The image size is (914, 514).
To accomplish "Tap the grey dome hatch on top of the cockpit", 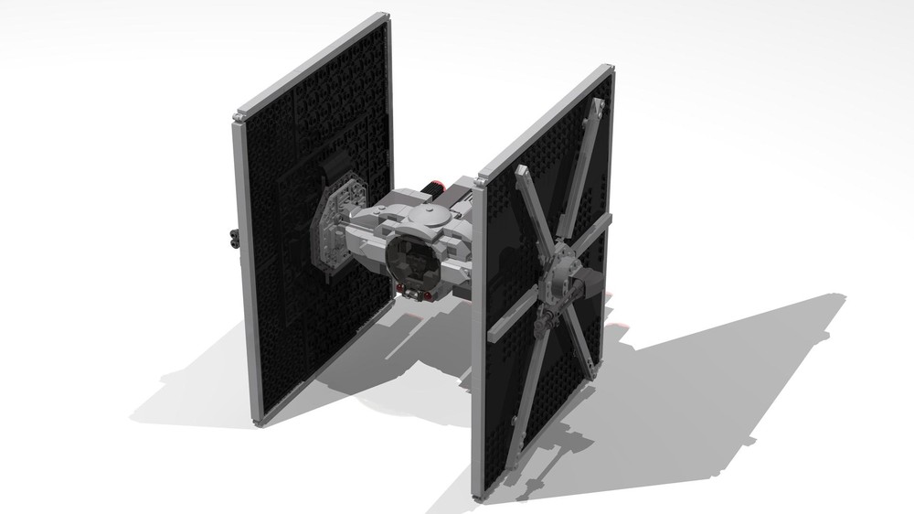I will tap(428, 217).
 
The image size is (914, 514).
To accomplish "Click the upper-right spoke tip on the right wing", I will tap(600, 108).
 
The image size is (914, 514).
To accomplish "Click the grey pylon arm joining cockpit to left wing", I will tap(362, 227).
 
